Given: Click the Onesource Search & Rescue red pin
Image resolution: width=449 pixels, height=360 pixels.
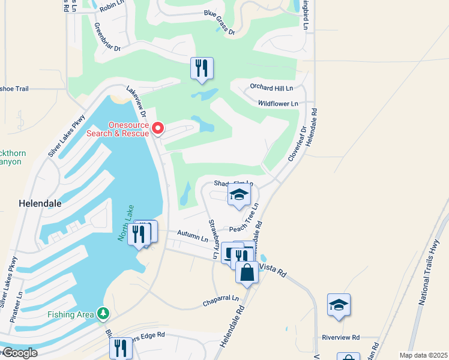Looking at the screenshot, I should point(158,128).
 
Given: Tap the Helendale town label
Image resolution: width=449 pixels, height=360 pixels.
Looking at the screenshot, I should point(40,203).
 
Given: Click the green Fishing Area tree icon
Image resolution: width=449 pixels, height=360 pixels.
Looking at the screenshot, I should point(104,314).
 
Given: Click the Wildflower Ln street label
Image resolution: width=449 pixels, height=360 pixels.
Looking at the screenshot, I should point(278,104).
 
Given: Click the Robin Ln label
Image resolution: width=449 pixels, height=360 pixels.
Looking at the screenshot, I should point(112,7).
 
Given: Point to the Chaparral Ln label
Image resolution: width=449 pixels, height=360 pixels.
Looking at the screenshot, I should point(220,298).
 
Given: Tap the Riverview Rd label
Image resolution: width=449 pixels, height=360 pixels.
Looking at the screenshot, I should point(340,338).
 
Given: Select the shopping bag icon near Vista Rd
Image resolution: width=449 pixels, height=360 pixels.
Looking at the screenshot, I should point(247,273).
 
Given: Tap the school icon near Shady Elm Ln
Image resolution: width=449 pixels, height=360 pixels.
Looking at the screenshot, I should point(238,195).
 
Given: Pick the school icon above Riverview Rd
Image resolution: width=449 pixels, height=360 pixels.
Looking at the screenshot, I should point(339,305).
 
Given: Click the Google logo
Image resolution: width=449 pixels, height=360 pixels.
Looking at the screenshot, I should point(19,352).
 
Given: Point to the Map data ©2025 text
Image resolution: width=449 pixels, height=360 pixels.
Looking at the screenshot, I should point(423,355).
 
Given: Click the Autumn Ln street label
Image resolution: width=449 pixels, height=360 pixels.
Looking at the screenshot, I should point(192,235).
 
